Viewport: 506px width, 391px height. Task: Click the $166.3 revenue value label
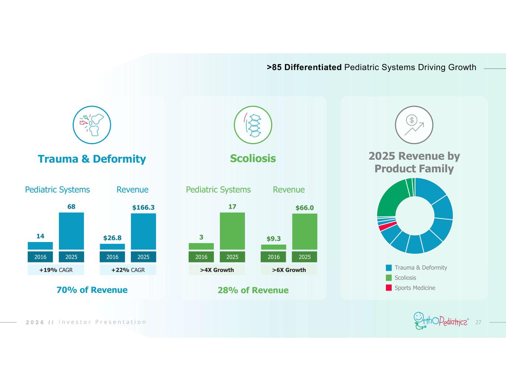tap(143, 208)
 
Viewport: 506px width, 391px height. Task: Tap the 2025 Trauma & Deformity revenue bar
tap(143, 231)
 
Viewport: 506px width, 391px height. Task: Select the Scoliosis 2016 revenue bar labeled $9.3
tap(274, 247)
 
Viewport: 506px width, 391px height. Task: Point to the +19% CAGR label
tap(56, 270)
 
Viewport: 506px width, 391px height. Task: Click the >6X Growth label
tap(289, 270)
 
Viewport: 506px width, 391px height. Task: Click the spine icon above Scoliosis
tap(253, 125)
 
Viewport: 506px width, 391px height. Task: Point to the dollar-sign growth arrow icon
tap(414, 125)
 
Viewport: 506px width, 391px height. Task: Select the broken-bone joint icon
tap(92, 125)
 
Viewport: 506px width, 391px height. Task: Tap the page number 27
tap(478, 322)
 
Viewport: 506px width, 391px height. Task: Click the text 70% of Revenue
tap(92, 290)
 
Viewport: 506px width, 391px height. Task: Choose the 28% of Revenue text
tap(253, 290)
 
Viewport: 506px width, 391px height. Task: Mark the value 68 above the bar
tap(71, 206)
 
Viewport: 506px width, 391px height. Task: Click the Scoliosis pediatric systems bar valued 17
tap(232, 231)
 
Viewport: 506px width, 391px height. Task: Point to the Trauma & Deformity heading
tap(92, 159)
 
